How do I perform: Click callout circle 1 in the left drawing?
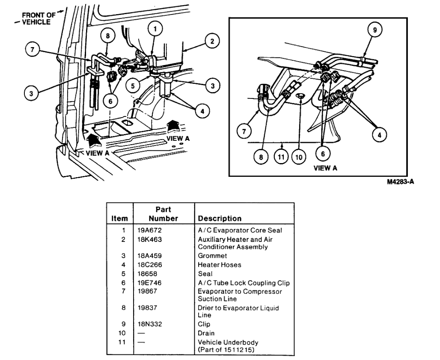point(155,29)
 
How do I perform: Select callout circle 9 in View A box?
point(375,30)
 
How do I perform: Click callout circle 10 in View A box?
point(299,157)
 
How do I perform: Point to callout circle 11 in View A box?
point(281,157)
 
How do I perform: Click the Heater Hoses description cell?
point(220,265)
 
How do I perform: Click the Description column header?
point(220,218)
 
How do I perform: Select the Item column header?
point(119,218)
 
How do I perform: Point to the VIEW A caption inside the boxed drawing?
point(325,168)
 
